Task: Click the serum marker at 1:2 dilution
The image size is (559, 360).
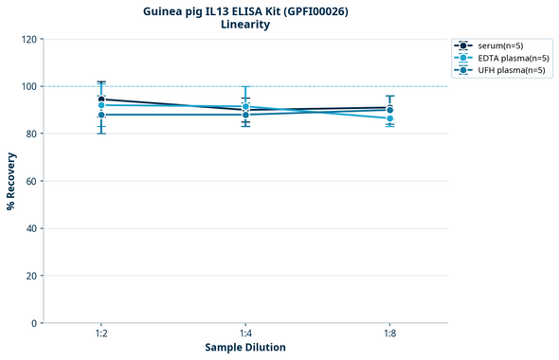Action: tap(101, 99)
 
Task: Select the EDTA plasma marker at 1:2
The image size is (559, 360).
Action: tap(101, 105)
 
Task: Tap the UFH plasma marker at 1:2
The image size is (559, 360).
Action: tap(101, 115)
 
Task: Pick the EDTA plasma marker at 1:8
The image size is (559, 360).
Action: tap(389, 118)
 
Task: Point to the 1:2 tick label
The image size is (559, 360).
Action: tap(101, 333)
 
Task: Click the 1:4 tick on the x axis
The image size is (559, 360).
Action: tap(245, 333)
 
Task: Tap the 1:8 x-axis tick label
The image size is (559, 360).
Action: tap(389, 333)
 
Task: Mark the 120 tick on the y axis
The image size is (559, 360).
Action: tap(29, 39)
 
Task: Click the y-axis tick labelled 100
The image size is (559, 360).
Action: tap(29, 86)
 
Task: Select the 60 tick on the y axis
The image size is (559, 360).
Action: tap(32, 181)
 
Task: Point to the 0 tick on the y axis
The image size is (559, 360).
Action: tap(35, 323)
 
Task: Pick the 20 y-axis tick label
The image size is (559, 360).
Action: tap(32, 276)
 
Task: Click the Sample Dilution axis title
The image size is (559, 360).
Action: tap(245, 348)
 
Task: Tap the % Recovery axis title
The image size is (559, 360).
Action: tap(12, 181)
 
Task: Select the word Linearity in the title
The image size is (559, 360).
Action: tap(244, 25)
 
